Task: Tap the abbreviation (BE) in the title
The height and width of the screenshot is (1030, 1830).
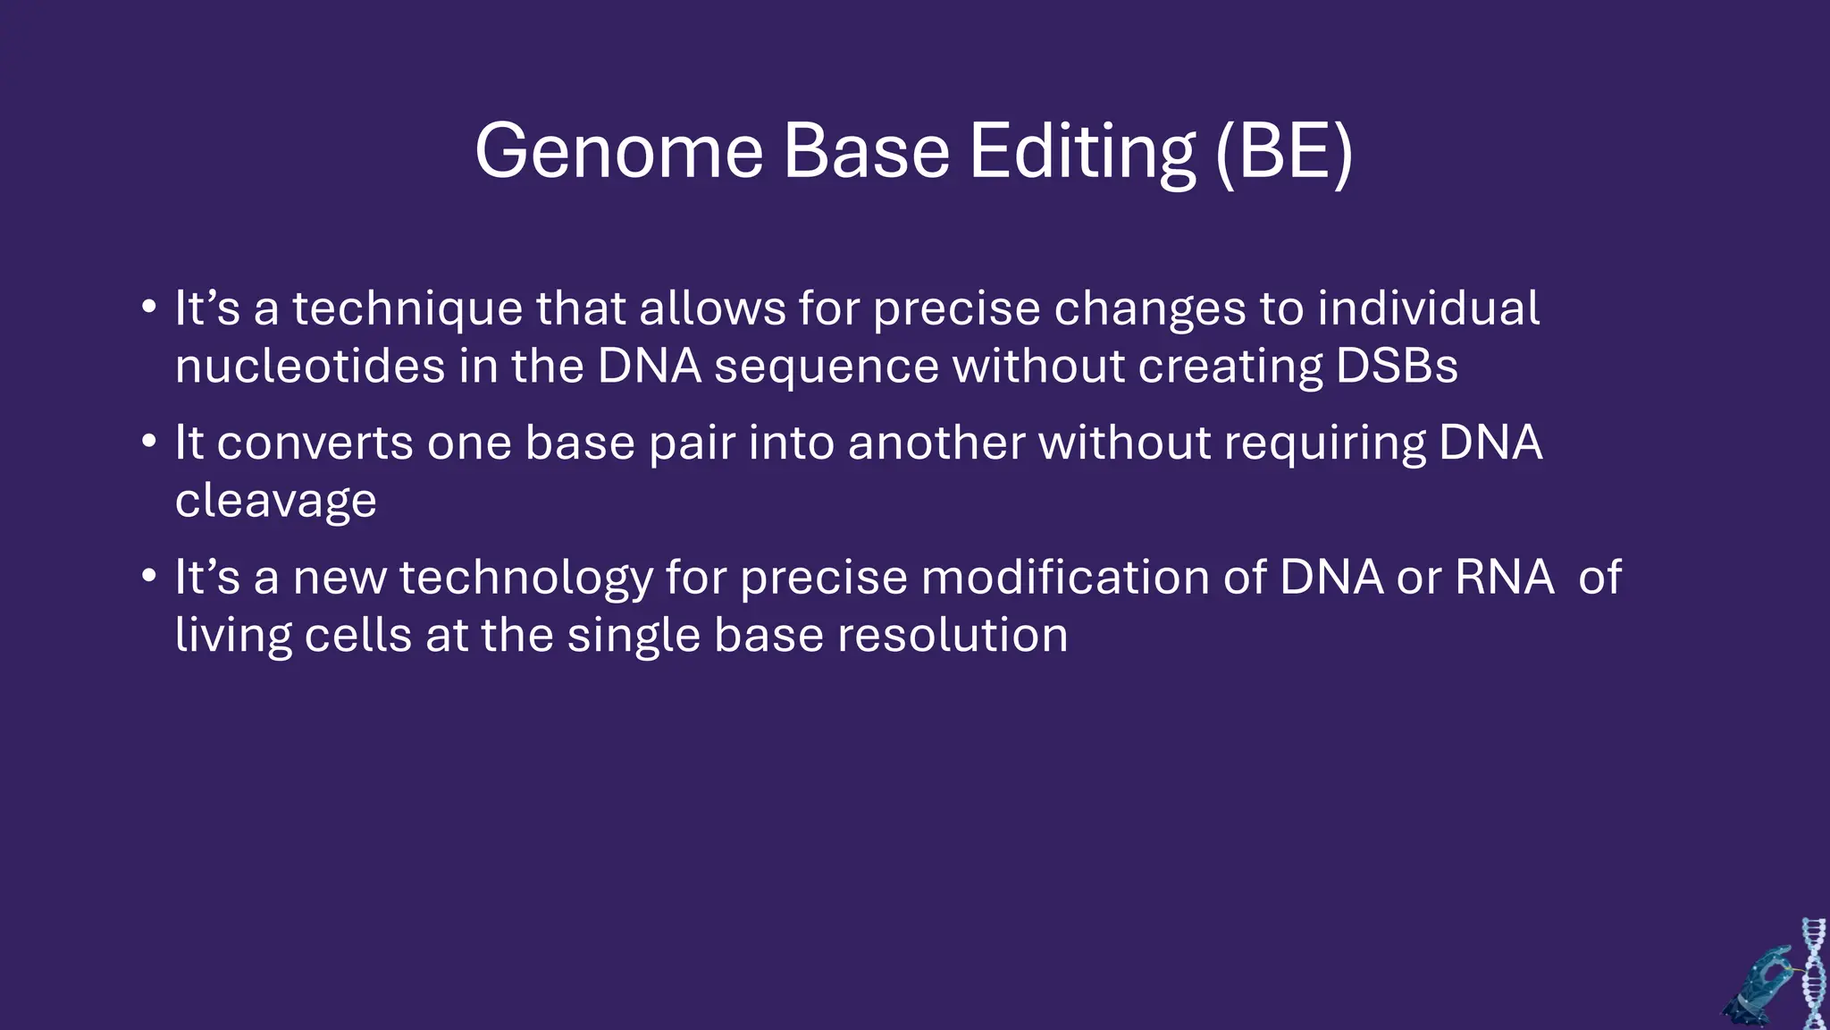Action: point(1284,152)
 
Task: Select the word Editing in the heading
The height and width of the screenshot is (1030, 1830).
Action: point(1082,152)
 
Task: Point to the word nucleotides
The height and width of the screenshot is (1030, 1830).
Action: point(309,367)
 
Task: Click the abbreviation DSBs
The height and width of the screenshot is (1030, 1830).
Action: point(1397,367)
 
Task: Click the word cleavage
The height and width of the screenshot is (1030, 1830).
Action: point(275,501)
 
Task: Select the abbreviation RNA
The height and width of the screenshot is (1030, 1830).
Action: point(1505,578)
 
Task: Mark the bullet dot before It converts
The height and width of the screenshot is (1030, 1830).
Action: point(149,441)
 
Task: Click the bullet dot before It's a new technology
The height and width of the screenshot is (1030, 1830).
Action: point(149,575)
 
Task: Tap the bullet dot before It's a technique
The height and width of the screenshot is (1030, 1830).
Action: point(149,307)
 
